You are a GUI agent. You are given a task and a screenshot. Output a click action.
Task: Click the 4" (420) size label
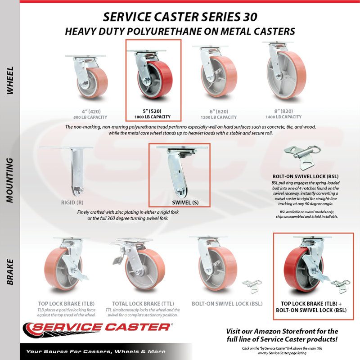point(91,111)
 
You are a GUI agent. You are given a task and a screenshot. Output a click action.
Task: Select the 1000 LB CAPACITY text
point(153,117)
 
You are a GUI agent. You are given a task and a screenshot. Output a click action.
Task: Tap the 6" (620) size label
point(219,111)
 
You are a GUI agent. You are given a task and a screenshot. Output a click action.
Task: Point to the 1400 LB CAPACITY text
point(283,117)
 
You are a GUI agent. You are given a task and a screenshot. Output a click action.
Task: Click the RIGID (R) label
point(72,202)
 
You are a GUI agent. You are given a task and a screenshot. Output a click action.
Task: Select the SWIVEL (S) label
point(185,202)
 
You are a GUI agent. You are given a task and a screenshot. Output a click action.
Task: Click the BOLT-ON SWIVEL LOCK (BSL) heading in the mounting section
point(306,176)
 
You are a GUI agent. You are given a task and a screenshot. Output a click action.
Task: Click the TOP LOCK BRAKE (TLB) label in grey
point(66,303)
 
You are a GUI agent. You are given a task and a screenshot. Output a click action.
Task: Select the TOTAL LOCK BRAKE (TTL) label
point(143,303)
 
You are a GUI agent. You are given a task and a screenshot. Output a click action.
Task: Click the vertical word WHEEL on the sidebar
point(10,81)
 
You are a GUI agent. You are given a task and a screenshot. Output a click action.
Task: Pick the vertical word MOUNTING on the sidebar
point(10,180)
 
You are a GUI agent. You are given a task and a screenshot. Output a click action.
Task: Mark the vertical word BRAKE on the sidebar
point(10,272)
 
